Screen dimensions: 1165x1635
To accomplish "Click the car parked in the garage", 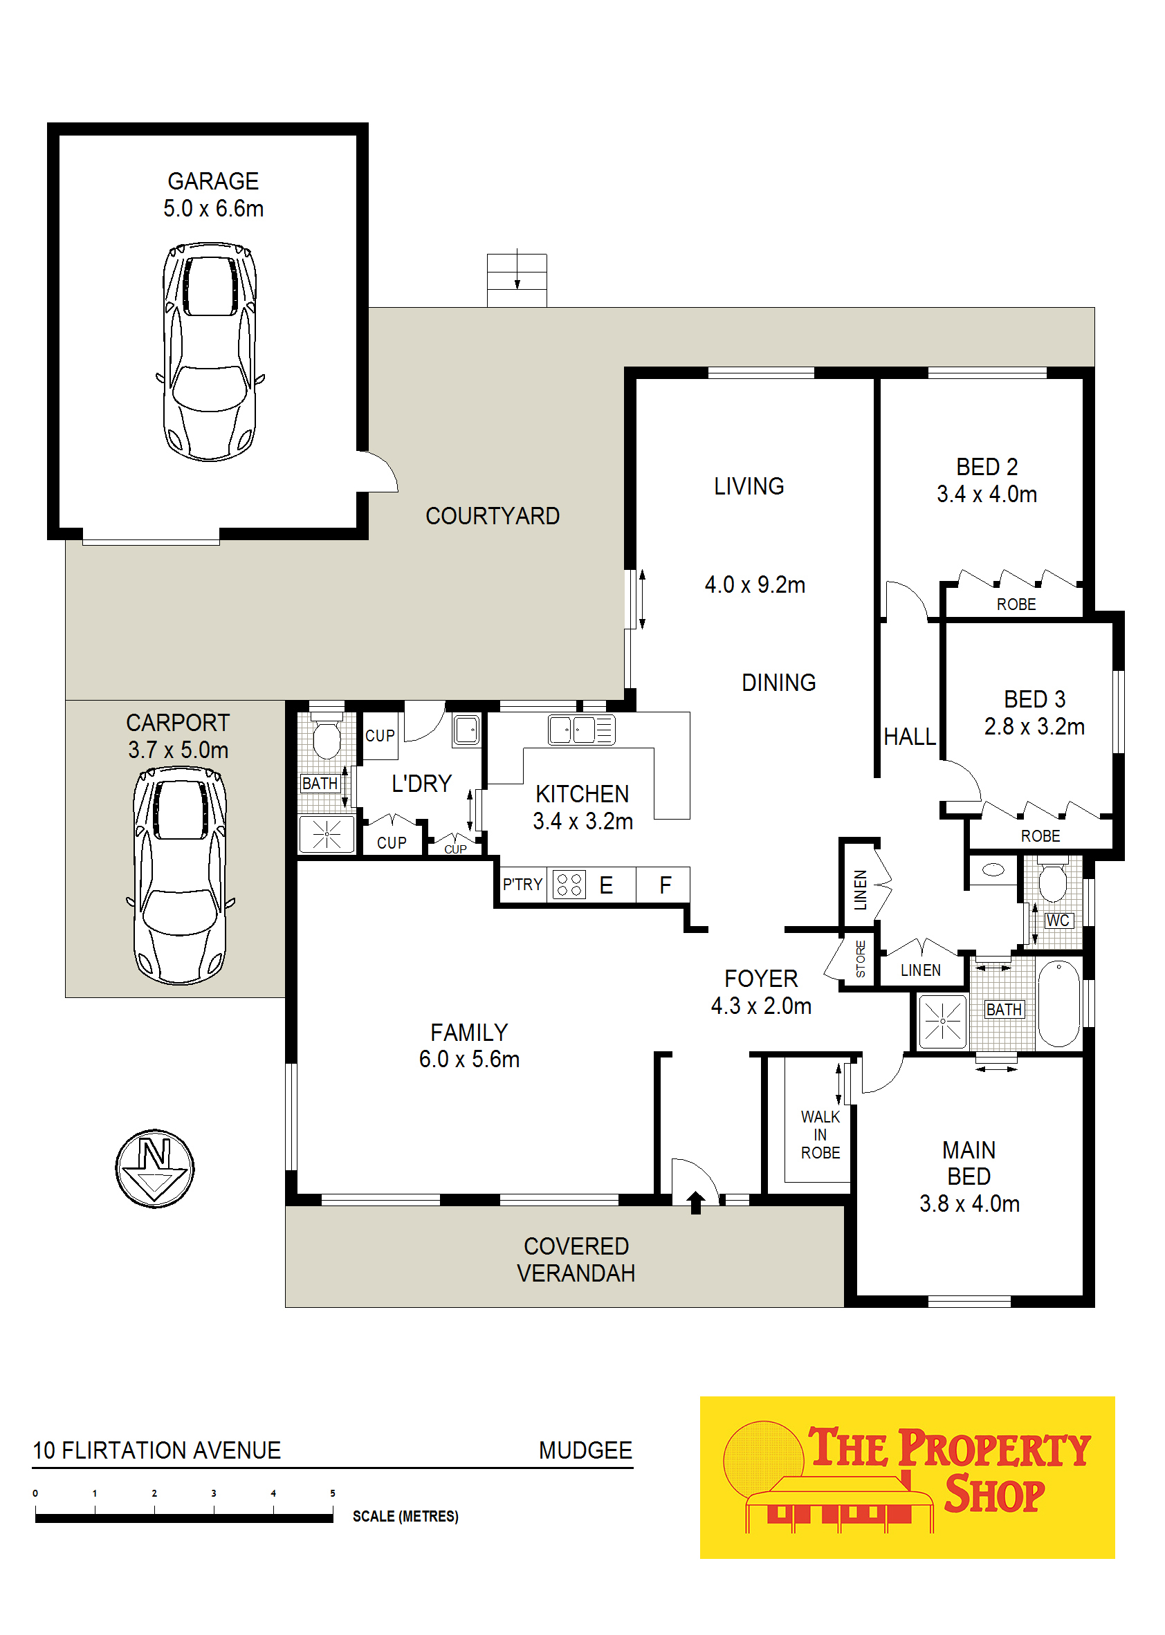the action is pyautogui.click(x=210, y=351).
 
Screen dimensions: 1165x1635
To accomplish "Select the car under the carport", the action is pyautogui.click(x=180, y=876).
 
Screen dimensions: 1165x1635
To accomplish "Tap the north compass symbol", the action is pyautogui.click(x=155, y=1169).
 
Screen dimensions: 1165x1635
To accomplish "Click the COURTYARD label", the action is pyautogui.click(x=492, y=517).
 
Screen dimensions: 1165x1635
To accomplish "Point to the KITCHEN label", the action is pyautogui.click(x=582, y=794).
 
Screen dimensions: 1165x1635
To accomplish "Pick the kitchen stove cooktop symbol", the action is pyautogui.click(x=569, y=885).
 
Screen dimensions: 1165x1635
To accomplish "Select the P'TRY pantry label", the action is pyautogui.click(x=522, y=885).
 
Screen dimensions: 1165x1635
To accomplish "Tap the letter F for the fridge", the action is pyautogui.click(x=665, y=885).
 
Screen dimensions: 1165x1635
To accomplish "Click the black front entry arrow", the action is pyautogui.click(x=695, y=1203).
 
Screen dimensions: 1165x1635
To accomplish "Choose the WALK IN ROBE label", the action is pyautogui.click(x=820, y=1135).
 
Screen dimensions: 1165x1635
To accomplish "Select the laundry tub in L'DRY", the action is pyautogui.click(x=466, y=731).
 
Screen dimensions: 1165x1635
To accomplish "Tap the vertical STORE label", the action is pyautogui.click(x=860, y=959).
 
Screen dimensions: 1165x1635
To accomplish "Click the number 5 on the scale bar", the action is pyautogui.click(x=332, y=1493).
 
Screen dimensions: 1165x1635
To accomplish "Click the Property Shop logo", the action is pyautogui.click(x=907, y=1477).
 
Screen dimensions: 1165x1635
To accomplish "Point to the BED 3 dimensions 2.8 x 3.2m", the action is pyautogui.click(x=1034, y=726).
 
